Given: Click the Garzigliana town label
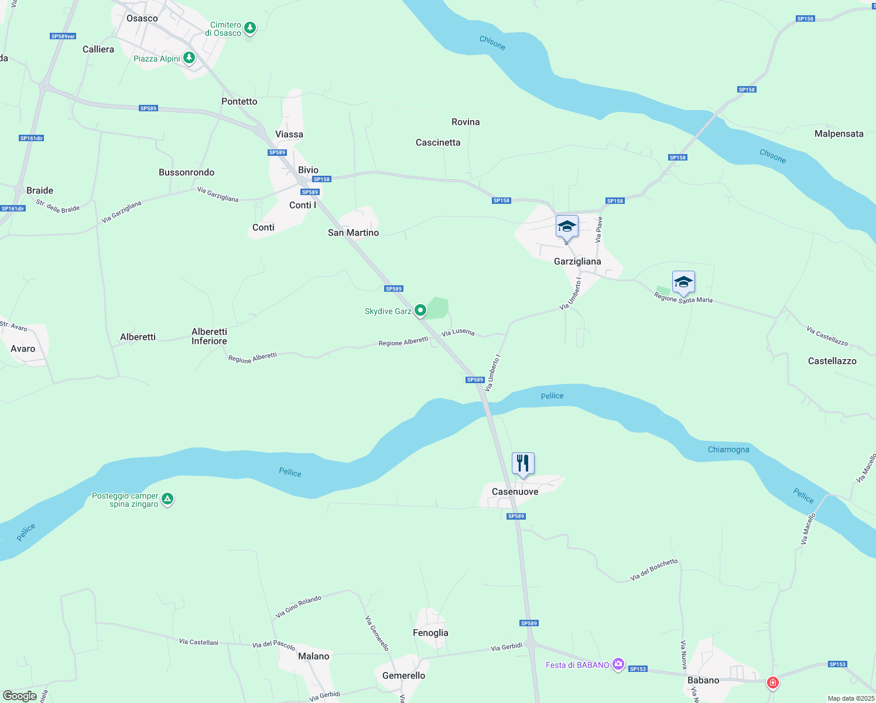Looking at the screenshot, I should tap(577, 261).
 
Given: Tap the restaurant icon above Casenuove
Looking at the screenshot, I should tap(523, 463).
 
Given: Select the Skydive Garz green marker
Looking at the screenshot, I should tap(420, 310).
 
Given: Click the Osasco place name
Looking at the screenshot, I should tap(142, 18).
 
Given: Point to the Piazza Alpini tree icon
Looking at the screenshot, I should tap(189, 58).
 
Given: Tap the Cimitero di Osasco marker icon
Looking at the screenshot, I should tap(250, 28).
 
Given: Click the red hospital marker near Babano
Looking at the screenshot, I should tap(773, 682).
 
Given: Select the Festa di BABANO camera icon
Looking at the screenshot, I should tap(618, 664).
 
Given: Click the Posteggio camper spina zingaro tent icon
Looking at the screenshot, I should tap(167, 499).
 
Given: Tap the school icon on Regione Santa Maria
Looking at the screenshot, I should tap(683, 282).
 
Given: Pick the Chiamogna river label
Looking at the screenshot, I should tap(728, 449).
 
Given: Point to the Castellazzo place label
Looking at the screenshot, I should tap(832, 361).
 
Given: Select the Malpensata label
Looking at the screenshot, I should tap(839, 134).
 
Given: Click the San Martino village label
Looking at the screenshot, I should tap(353, 233).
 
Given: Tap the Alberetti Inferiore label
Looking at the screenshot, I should tap(209, 336).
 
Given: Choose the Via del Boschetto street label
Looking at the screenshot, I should tap(653, 569).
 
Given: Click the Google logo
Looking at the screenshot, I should tap(20, 695).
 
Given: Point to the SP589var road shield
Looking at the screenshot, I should tap(63, 36).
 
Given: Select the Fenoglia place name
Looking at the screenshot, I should tap(430, 633).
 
